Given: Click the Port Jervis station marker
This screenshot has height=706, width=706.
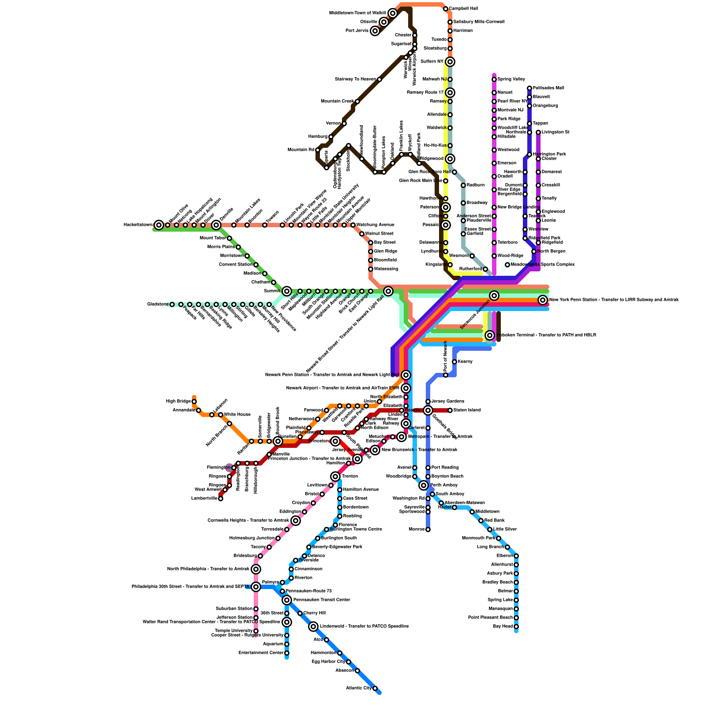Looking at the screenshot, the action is point(375,31).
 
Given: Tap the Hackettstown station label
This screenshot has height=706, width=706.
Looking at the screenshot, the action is point(138,225).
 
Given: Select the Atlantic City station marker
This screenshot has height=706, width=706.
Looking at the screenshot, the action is point(375,688).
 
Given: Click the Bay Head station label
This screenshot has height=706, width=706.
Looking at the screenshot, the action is point(500,627).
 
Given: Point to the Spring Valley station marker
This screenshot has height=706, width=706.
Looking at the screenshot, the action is point(494,79).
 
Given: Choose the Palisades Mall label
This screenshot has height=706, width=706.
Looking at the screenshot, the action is point(548,88).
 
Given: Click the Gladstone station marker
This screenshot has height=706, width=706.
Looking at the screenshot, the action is point(172,304).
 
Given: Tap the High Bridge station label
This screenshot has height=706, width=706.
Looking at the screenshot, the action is point(178,402).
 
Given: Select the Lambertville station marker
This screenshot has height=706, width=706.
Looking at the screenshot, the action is point(221,499).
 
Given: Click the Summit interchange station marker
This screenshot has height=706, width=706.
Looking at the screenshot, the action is point(287,291).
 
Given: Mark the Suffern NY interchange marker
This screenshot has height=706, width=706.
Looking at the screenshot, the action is point(450,62).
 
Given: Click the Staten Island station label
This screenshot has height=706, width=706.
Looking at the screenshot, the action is point(467,410).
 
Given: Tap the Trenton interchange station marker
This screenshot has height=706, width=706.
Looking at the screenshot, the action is point(335,477).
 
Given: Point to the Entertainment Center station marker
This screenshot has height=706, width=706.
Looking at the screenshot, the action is point(287,653).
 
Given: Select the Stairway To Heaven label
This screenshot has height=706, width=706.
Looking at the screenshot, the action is point(355,79).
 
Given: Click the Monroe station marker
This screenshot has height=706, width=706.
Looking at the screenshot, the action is point(428,529).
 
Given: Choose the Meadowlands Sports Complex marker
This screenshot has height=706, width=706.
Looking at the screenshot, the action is point(507,265).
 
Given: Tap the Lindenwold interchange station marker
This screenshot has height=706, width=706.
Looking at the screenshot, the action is point(313,627).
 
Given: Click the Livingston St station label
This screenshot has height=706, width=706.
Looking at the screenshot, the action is point(556,132).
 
